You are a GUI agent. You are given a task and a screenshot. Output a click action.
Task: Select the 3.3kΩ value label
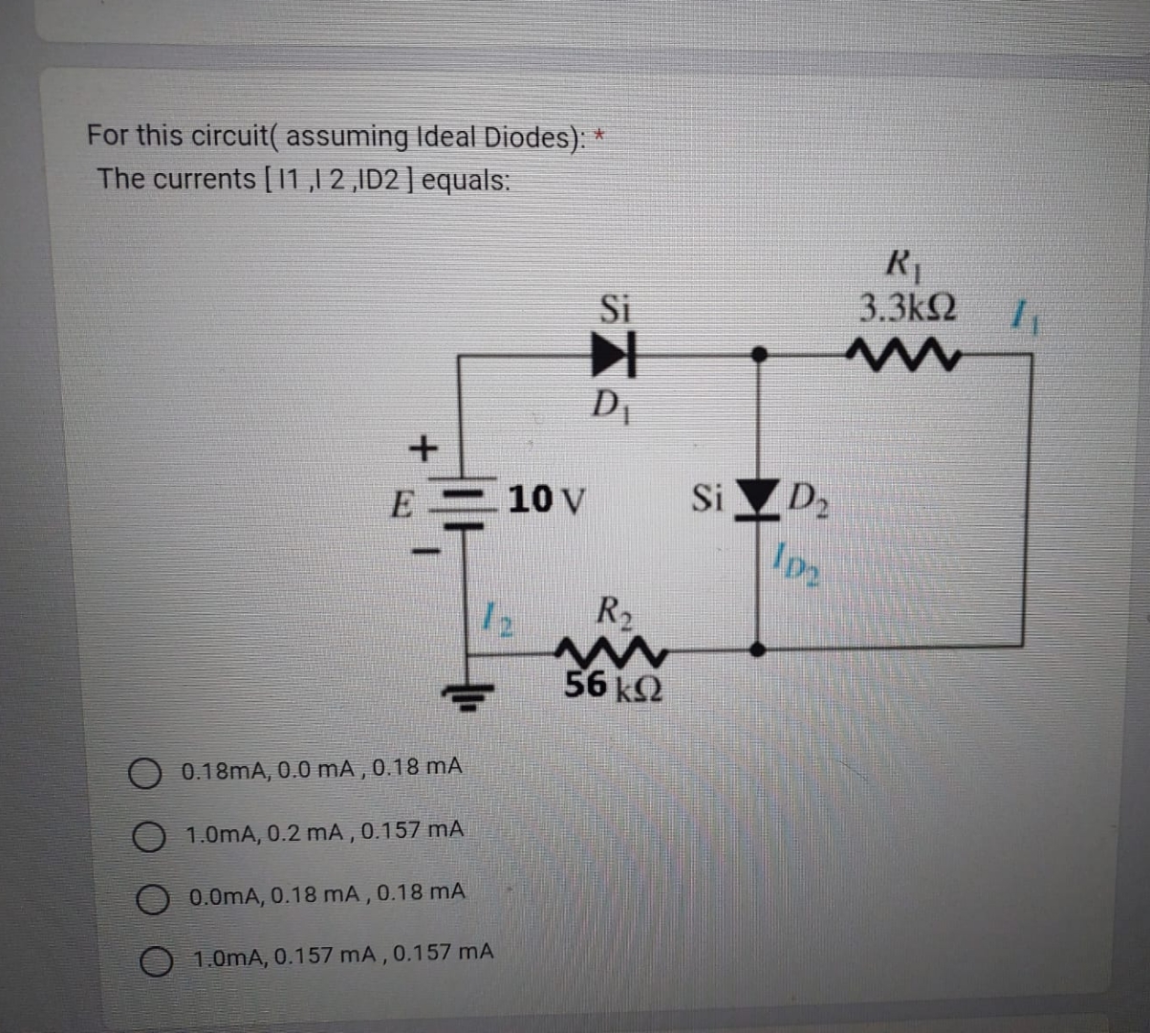[905, 308]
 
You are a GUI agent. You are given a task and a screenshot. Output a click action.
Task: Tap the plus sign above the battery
[422, 446]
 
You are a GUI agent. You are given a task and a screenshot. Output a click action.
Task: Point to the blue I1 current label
[1026, 314]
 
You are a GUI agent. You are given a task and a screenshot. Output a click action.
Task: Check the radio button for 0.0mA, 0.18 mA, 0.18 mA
[151, 898]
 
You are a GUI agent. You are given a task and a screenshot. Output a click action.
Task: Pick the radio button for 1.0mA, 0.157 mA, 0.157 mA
[155, 959]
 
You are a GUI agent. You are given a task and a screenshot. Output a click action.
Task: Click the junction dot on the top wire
[758, 354]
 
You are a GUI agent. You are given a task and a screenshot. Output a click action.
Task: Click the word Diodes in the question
[529, 138]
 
